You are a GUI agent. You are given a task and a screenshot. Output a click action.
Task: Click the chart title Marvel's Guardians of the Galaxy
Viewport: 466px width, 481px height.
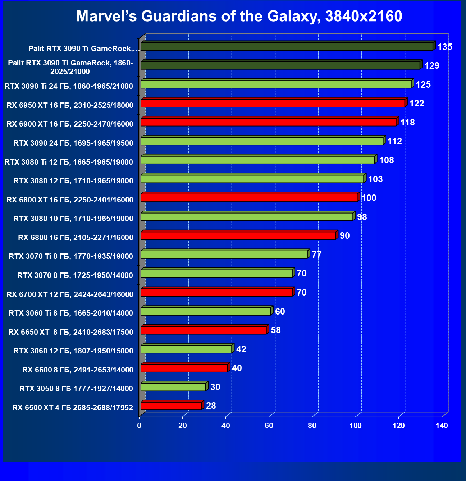coord(239,16)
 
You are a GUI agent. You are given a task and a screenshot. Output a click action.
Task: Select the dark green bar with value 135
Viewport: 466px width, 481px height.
coord(287,46)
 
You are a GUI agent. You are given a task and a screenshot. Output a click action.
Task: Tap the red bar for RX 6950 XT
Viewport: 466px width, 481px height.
coord(273,103)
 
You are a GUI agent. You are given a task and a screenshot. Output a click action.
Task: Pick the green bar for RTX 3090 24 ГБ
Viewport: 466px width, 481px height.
coord(262,141)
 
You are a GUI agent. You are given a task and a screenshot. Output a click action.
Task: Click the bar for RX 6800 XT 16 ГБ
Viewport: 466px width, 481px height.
coord(249,198)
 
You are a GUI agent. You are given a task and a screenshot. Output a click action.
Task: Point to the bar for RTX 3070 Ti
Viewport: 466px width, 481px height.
coord(224,255)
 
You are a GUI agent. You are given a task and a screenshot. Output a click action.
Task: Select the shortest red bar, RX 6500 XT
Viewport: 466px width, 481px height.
coord(171,406)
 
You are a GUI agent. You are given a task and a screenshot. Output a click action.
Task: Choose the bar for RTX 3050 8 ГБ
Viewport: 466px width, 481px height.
coord(173,387)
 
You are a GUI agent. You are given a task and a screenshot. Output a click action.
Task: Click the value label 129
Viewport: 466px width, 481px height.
coord(432,66)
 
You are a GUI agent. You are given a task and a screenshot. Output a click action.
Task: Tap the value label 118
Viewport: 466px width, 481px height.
coord(407,123)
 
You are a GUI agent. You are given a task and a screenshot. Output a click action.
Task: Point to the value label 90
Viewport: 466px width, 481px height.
coord(345,236)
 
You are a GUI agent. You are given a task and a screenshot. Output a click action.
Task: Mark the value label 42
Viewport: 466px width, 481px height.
coord(241,349)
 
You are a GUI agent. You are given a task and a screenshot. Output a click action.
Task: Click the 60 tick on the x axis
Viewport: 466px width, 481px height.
coord(269,426)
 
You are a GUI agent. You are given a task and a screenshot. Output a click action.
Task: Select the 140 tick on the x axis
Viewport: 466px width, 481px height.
coord(442,426)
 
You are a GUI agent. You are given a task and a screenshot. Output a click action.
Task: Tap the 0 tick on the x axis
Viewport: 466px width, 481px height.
coord(139,426)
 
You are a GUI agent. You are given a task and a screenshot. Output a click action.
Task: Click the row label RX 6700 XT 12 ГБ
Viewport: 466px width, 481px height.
coord(70,294)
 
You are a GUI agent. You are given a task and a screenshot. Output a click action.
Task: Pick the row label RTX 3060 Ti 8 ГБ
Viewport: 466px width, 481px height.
coord(71,313)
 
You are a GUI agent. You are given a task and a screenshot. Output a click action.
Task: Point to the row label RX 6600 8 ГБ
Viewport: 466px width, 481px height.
coord(78,370)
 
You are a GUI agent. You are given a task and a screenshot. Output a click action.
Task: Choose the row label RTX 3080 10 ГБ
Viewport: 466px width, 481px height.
coord(73,219)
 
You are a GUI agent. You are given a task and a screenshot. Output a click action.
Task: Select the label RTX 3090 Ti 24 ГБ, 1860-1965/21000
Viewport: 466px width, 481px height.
coord(69,86)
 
